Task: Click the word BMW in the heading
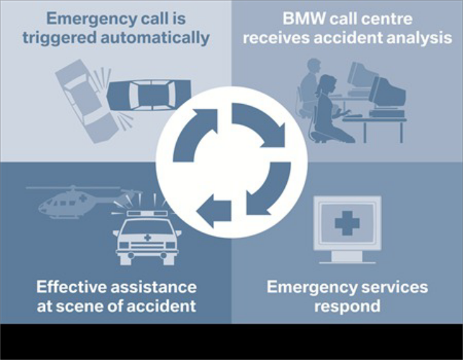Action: click(300, 18)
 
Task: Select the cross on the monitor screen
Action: click(347, 222)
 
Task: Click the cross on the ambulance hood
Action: click(147, 238)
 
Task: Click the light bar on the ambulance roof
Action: click(146, 212)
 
